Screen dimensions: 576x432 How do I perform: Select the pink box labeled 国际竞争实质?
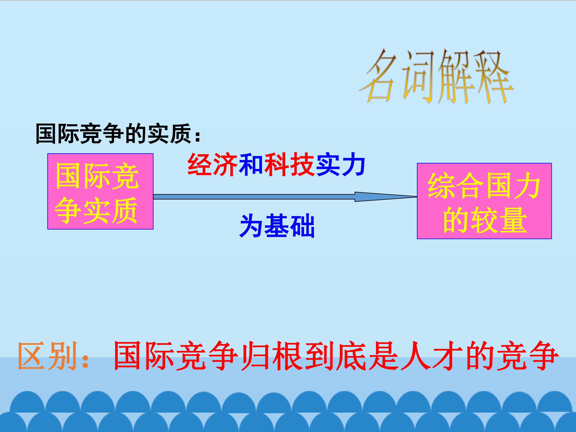click(100, 191)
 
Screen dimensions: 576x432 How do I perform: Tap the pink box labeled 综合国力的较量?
click(484, 201)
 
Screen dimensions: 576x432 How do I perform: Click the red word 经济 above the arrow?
click(212, 165)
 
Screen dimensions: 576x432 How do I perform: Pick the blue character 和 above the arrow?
click(251, 165)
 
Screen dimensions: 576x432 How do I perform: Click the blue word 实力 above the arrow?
click(340, 165)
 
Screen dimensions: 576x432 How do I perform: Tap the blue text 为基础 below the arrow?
click(277, 226)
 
